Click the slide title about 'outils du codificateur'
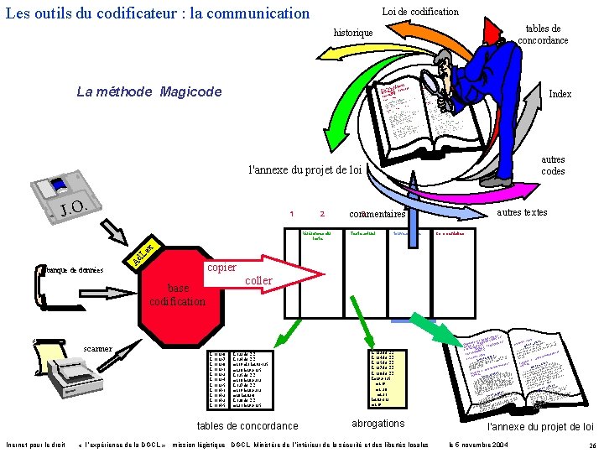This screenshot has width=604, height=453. [x=158, y=13]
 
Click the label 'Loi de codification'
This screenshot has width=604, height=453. [x=420, y=12]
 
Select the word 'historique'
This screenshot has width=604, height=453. [x=353, y=32]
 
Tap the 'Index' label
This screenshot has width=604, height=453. [x=560, y=94]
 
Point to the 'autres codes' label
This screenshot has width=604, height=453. [x=553, y=165]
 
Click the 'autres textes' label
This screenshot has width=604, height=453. [x=522, y=213]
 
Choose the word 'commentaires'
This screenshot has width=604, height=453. [x=377, y=215]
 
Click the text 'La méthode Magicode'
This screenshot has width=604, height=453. [x=148, y=91]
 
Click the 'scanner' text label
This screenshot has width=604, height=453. [x=98, y=349]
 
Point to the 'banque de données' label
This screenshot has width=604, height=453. [x=74, y=269]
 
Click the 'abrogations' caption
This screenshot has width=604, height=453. [x=377, y=424]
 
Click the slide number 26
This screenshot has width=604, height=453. [x=592, y=445]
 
